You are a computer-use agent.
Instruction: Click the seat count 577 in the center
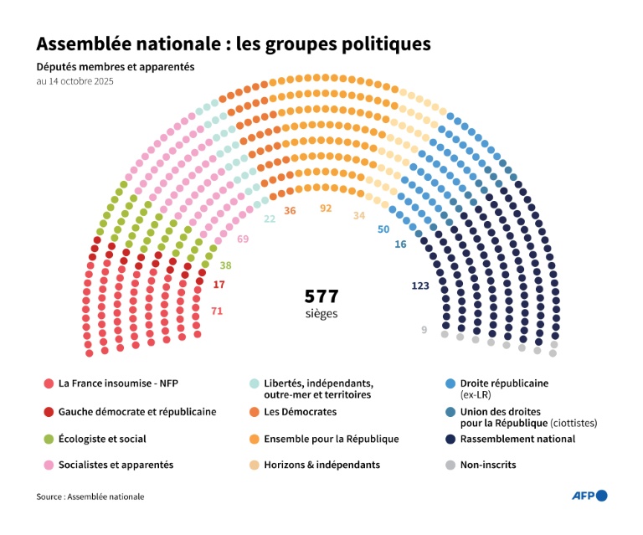[321, 296]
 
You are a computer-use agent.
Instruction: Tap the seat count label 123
[420, 286]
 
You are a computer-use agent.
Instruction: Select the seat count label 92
[327, 208]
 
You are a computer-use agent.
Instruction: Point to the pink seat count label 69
[243, 239]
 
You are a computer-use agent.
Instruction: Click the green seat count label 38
[225, 265]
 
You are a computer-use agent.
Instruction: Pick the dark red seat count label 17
[219, 286]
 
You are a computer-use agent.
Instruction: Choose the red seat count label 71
[217, 311]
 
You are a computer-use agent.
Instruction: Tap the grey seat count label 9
[424, 330]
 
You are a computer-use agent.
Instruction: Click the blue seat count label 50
[383, 229]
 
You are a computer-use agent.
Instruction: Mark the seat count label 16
[400, 244]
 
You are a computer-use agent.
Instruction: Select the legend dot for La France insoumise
[49, 383]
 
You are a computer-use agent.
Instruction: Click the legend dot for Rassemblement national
[450, 439]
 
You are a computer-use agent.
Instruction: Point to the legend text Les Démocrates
[300, 412]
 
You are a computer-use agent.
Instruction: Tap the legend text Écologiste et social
[102, 439]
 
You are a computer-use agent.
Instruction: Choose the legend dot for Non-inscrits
[450, 465]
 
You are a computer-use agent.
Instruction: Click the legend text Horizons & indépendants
[321, 465]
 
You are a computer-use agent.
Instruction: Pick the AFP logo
[589, 496]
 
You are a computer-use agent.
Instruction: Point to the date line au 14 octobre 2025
[75, 82]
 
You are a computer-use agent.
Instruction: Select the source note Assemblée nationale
[105, 496]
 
